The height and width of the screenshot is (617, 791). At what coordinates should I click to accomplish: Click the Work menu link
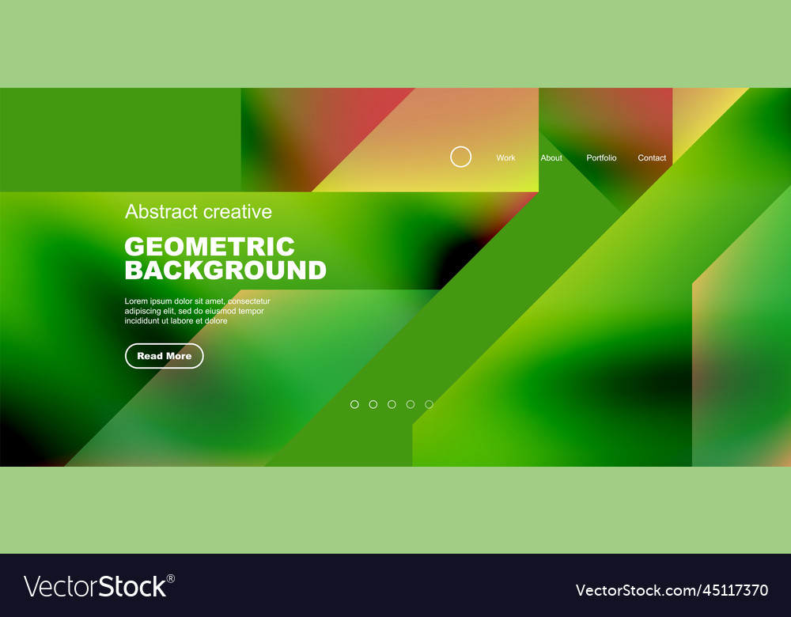tap(505, 158)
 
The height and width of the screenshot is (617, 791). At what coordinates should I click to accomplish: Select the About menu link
tap(551, 158)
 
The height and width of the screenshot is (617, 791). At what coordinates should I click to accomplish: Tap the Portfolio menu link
tap(601, 158)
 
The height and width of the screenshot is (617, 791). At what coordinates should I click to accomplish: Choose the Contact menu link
tap(652, 158)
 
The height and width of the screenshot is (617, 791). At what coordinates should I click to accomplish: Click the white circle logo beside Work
tap(460, 157)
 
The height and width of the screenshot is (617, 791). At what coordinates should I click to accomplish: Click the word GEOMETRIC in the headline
tap(210, 247)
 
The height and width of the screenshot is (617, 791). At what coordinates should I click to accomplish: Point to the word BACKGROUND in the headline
tap(225, 271)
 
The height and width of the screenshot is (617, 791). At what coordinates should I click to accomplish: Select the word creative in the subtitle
tap(237, 212)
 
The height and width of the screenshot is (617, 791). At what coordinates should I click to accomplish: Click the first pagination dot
tap(354, 404)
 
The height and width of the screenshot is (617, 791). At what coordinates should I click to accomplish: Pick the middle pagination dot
tap(392, 404)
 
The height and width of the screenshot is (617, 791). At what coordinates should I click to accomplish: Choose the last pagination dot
tap(429, 404)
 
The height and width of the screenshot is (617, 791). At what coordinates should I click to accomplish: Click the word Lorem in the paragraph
tap(136, 301)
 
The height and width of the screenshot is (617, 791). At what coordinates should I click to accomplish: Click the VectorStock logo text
tap(95, 587)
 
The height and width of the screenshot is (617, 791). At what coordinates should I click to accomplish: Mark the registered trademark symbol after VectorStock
tap(171, 578)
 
